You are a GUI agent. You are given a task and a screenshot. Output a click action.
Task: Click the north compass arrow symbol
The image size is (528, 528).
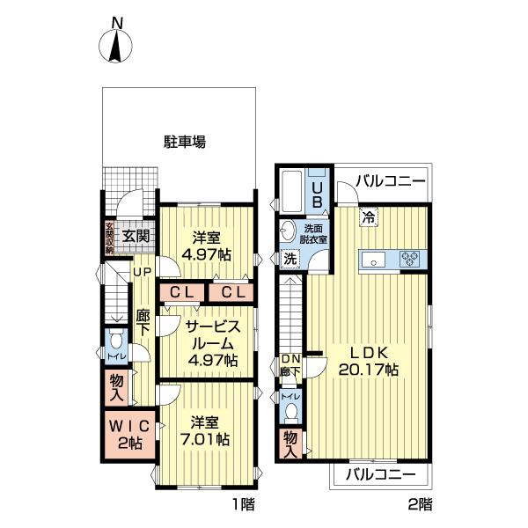[115, 45]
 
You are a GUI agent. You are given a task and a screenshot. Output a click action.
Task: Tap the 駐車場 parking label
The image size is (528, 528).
[184, 142]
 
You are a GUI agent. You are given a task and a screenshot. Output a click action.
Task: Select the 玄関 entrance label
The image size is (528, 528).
[136, 235]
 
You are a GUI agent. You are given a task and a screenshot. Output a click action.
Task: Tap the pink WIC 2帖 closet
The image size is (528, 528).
[128, 433]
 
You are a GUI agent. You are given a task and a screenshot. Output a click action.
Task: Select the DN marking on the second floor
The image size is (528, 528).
[291, 358]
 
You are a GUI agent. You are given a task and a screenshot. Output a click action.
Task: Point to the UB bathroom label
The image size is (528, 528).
[320, 193]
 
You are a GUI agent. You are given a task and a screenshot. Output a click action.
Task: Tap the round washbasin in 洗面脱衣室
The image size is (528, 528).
[288, 231]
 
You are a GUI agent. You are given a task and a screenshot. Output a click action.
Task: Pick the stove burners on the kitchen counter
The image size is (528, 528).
[410, 259]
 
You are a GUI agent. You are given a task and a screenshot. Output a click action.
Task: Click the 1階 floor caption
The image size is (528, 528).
[244, 505]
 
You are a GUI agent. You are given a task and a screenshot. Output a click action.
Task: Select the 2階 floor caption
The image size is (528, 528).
[420, 505]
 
